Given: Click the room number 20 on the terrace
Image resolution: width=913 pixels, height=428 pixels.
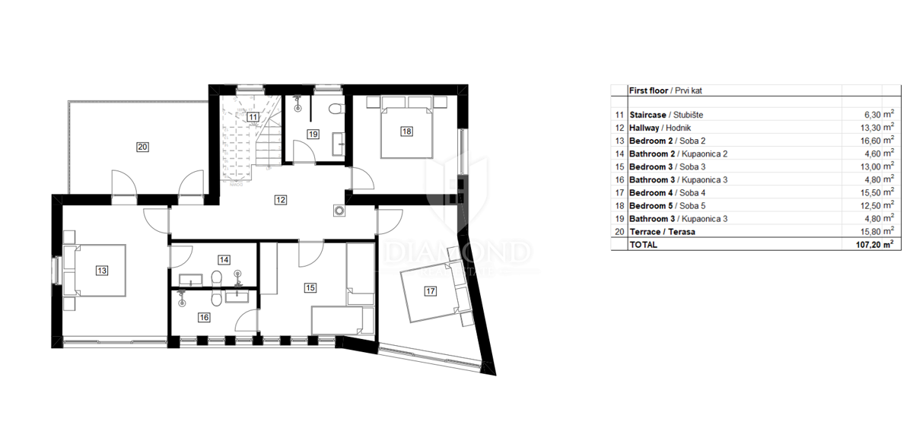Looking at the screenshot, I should click(x=142, y=147).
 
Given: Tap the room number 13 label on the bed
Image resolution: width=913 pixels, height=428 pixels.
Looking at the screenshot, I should click(x=101, y=269).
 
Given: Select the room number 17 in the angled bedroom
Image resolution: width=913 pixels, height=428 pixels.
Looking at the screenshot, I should click(x=430, y=291).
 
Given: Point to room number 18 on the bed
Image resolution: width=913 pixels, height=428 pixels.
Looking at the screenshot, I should click(x=407, y=131).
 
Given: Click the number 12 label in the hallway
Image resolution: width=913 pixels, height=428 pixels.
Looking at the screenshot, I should click(x=281, y=200).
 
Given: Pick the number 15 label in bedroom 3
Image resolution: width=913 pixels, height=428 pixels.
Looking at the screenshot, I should click(x=310, y=287).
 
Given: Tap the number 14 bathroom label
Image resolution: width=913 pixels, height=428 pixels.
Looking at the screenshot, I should click(x=224, y=259).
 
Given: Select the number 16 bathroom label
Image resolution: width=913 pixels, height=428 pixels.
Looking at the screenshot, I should click(x=203, y=318).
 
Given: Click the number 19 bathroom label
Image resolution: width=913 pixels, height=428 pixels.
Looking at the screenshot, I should click(x=312, y=135).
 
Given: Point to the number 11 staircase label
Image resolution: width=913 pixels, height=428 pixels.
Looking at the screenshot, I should click(x=253, y=116).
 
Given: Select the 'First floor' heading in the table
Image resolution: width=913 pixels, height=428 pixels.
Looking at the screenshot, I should click(x=648, y=90).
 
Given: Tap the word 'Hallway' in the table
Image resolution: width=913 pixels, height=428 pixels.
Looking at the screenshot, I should click(x=645, y=128).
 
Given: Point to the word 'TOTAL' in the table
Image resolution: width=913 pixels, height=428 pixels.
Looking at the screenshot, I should click(x=643, y=245).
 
